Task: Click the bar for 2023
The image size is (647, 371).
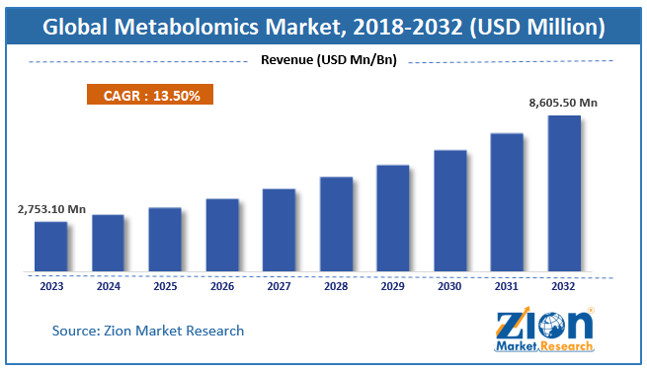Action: coord(51,246)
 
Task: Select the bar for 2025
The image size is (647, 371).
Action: coord(165,239)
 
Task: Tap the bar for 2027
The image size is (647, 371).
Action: coord(279,229)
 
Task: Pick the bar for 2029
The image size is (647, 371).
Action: coord(393,217)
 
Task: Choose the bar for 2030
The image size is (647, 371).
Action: coord(450,210)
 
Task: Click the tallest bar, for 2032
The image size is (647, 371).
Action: coord(564,192)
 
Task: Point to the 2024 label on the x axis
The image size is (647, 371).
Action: coord(109,288)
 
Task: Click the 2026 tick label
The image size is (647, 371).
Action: coord(222,288)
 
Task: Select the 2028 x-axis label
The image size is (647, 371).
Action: coord(336,288)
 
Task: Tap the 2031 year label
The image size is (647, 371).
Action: coord(507,288)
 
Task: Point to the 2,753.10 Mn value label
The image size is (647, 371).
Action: coord(52,209)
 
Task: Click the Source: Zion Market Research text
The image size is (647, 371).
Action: coord(148,331)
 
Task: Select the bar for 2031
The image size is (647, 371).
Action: coord(507,201)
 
